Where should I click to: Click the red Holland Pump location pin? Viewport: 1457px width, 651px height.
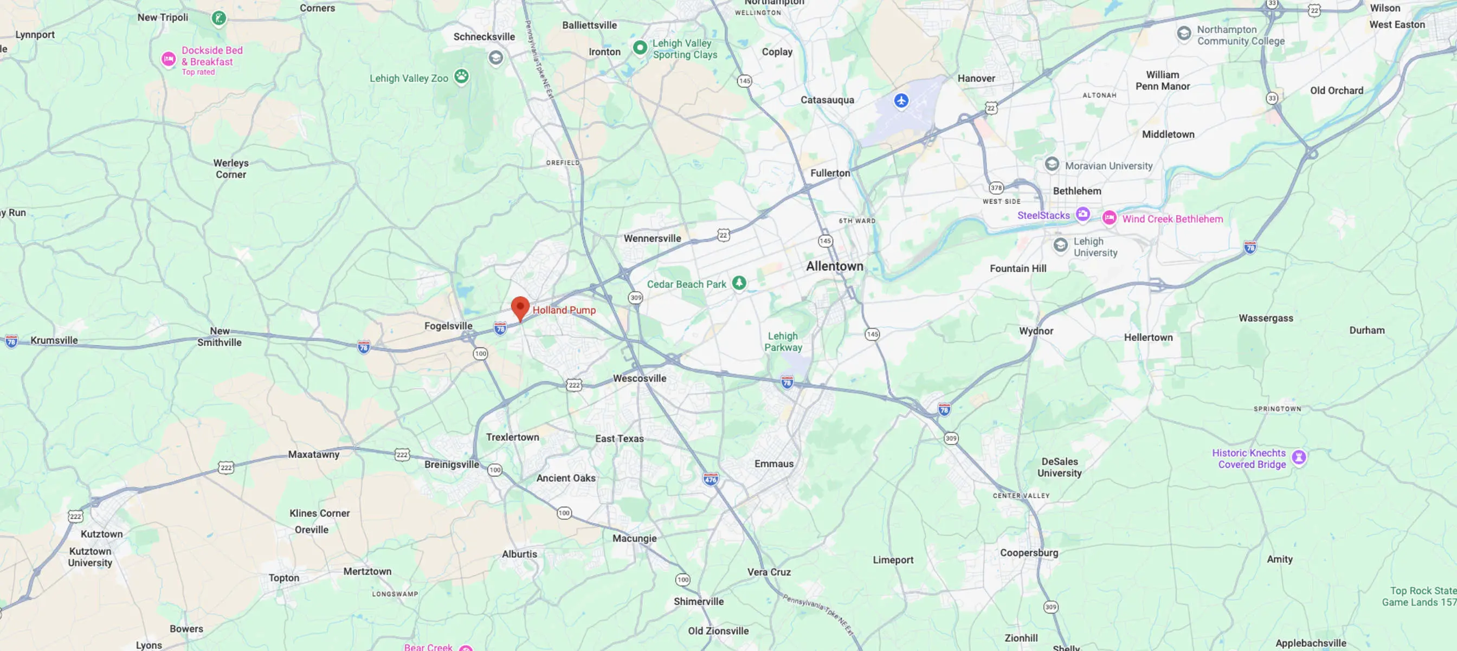(x=520, y=308)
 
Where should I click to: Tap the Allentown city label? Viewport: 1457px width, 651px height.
(x=834, y=266)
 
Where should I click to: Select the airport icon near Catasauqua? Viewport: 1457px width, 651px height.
(x=901, y=101)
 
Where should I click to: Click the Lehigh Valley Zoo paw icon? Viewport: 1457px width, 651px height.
(x=461, y=76)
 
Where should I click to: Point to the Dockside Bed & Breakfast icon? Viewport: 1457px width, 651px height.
(x=169, y=59)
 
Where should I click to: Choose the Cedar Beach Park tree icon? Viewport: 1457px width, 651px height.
(x=739, y=283)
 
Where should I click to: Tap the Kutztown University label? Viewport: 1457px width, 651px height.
(x=90, y=557)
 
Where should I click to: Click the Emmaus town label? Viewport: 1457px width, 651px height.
(x=773, y=464)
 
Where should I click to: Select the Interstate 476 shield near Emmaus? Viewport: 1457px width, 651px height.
(x=711, y=479)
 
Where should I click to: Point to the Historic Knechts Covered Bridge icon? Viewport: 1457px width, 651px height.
(x=1299, y=457)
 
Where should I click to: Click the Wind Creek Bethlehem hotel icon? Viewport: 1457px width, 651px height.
(x=1109, y=218)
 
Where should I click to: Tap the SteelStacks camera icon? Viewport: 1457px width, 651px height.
(x=1082, y=214)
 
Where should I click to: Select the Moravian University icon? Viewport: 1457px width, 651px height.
(x=1052, y=164)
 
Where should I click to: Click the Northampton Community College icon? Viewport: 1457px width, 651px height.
(x=1183, y=34)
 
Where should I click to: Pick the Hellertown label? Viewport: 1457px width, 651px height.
(x=1148, y=337)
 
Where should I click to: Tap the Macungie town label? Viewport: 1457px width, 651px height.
(x=634, y=538)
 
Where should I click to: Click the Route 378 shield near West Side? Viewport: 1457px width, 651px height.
(x=996, y=188)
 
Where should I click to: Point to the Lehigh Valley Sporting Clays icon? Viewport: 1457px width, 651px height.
(x=640, y=48)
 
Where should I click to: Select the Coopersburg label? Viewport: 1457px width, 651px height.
(x=1028, y=552)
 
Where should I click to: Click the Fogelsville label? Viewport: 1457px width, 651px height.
(x=448, y=326)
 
